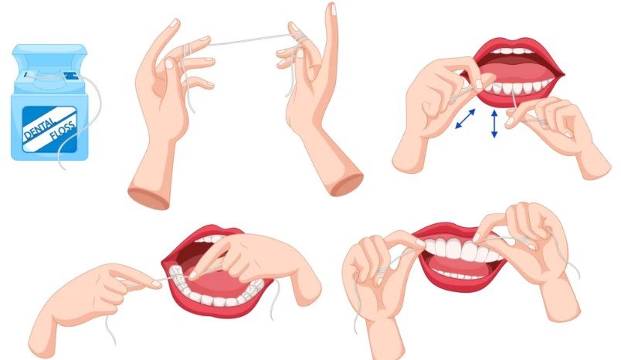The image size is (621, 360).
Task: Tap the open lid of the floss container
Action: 49,53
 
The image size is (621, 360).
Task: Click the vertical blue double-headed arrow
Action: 494,124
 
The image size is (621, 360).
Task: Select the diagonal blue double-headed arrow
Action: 465,119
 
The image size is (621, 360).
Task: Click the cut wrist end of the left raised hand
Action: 148,197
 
